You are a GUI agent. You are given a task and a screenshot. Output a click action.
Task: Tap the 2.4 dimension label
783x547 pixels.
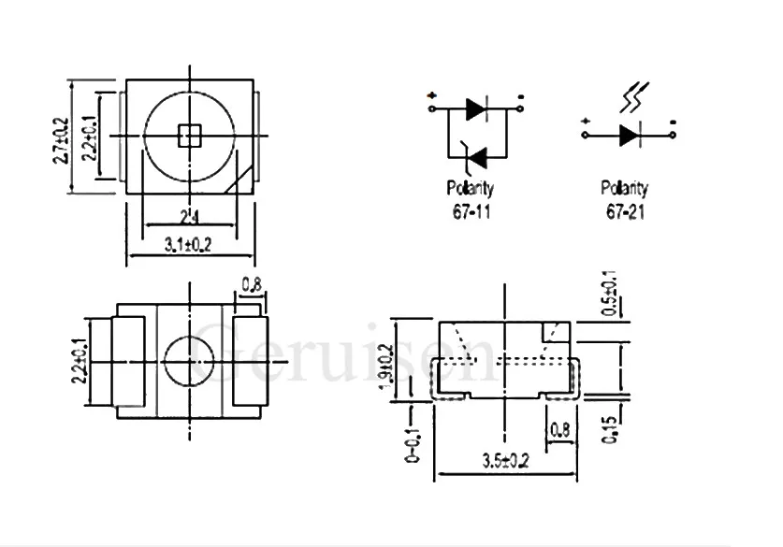pos(190,219)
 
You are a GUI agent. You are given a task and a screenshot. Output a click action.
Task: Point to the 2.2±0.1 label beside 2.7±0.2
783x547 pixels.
pos(91,137)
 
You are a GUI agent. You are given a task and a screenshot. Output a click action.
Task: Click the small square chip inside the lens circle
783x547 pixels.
pos(190,137)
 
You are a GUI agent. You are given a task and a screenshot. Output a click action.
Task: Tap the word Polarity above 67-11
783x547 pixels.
pos(471,188)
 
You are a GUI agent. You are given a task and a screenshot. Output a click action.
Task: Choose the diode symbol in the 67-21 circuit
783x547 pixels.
pos(629,135)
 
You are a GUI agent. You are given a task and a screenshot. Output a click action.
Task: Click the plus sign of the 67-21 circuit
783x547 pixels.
pos(584,121)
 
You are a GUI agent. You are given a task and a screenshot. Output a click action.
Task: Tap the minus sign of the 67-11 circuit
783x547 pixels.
pos(520,96)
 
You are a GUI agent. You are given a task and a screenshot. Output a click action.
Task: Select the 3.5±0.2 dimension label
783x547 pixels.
pos(504,460)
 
